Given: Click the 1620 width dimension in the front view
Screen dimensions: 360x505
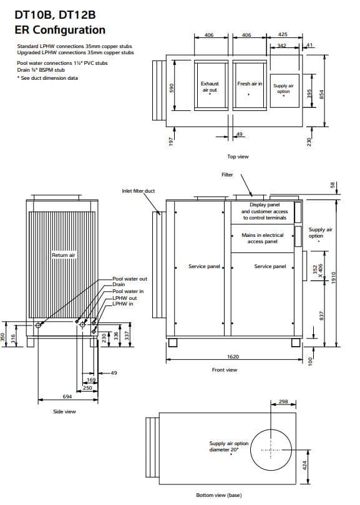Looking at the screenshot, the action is (x=233, y=357).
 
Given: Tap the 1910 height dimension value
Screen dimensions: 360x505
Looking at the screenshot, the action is (x=334, y=277).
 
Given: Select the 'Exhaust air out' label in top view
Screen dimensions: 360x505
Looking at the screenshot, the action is (x=210, y=87).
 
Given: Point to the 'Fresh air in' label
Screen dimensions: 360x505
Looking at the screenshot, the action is (x=250, y=84).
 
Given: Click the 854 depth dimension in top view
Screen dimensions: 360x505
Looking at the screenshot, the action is (x=321, y=94).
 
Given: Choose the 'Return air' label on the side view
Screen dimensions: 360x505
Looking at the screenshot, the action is (x=64, y=255).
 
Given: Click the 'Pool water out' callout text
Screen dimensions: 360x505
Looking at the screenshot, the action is (x=130, y=279).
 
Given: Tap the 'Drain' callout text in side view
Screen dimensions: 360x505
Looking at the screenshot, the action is (x=119, y=284).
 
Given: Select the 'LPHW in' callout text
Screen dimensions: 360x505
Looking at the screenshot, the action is (x=123, y=304).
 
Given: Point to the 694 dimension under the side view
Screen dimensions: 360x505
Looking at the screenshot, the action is (x=67, y=397).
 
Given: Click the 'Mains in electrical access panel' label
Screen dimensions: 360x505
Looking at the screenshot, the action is (x=263, y=238).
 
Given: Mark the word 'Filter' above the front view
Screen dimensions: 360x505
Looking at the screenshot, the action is (x=227, y=175).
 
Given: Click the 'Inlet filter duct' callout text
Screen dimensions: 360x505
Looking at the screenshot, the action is (x=139, y=191).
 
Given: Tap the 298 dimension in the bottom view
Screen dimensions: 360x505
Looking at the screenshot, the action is (x=283, y=402).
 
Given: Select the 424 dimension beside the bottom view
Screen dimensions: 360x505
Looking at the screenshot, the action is (x=304, y=465).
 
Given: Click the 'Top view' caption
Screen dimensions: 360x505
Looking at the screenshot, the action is (x=238, y=156).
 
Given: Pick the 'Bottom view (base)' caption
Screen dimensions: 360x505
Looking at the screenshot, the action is (x=219, y=495).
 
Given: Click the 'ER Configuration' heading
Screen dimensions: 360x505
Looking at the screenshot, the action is (x=60, y=30).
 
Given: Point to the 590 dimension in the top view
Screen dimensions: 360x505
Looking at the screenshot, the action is (x=172, y=88).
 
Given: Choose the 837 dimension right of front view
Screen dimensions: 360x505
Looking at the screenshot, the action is (x=321, y=315).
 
